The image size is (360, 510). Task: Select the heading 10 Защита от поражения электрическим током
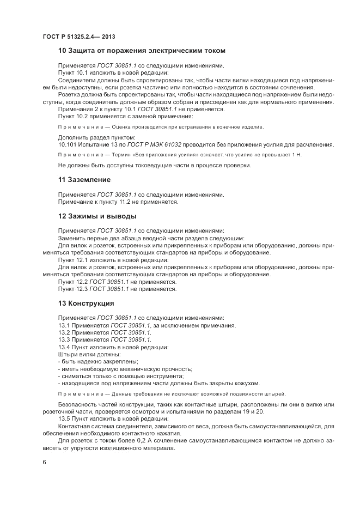point(142,51)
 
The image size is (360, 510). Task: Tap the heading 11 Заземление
point(84,180)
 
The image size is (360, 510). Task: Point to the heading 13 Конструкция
point(86,303)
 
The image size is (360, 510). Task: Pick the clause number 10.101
point(67,144)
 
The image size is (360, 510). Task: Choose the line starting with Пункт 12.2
point(117,282)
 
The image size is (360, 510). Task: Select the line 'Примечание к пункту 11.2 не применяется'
point(118,202)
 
